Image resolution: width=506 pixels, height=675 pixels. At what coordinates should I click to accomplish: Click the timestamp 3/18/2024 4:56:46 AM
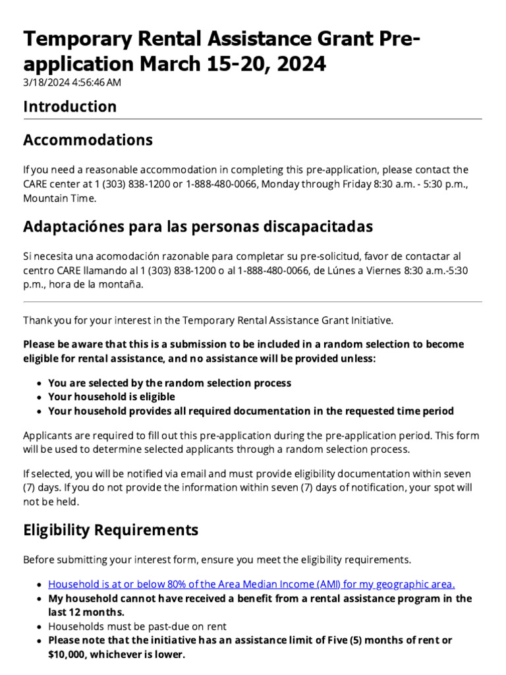click(x=72, y=82)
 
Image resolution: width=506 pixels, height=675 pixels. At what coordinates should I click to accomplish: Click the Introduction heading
click(x=70, y=107)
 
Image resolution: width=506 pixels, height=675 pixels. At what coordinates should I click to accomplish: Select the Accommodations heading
click(x=88, y=140)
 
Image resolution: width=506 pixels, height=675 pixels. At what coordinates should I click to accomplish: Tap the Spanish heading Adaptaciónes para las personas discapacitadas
click(x=198, y=227)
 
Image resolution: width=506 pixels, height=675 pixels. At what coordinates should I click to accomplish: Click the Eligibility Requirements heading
click(x=110, y=530)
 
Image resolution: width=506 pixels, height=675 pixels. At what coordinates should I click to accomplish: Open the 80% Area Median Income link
click(x=252, y=584)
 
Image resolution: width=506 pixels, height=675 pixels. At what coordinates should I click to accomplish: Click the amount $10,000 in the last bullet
click(x=67, y=655)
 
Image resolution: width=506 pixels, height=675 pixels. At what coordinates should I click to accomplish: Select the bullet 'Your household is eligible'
click(x=111, y=397)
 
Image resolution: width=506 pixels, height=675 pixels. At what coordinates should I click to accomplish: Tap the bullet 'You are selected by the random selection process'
click(x=169, y=383)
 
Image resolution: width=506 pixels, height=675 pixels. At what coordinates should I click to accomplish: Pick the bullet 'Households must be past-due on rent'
click(x=137, y=626)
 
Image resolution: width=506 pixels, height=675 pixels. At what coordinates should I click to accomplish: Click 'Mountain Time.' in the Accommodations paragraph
click(x=59, y=198)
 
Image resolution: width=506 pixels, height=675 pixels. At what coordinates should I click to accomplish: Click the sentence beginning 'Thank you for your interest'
click(x=208, y=320)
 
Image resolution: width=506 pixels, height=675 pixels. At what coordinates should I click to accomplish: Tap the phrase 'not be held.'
click(x=51, y=502)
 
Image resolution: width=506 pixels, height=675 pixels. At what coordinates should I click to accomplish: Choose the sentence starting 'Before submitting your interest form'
click(x=217, y=560)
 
